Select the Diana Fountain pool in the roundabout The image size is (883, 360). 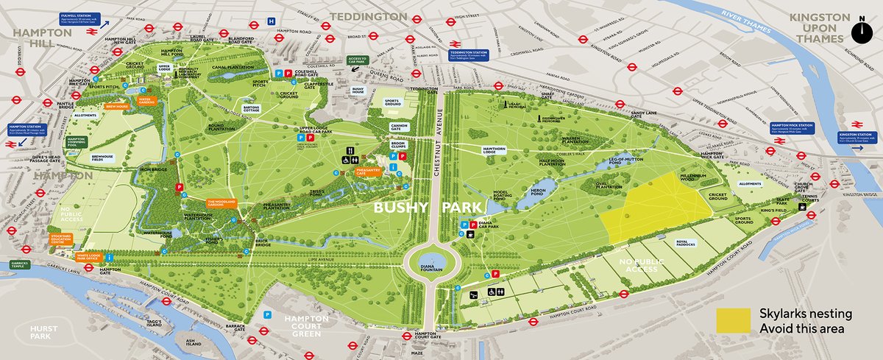pos(434,261)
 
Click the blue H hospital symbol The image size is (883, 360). pos(271,21)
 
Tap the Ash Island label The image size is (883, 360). pos(194,342)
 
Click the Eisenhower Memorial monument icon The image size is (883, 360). pos(545,117)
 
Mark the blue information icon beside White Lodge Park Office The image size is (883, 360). pos(110,257)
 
